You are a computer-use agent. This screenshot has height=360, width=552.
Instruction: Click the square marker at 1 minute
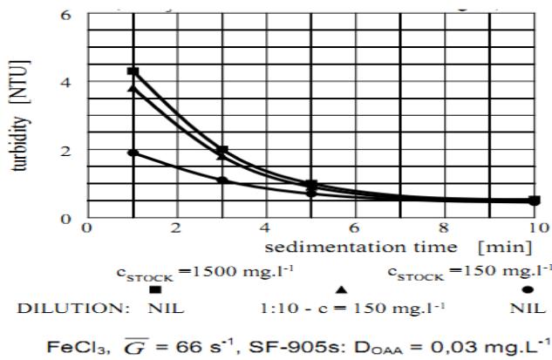pos(133,71)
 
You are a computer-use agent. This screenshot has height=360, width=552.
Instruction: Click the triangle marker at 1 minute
pos(133,87)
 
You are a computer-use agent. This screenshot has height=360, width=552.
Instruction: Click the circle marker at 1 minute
pos(133,153)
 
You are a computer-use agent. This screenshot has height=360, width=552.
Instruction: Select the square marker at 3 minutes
pos(222,150)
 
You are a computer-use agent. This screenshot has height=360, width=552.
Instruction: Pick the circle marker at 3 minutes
pos(222,180)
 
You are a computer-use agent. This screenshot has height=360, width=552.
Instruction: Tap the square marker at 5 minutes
pos(311,185)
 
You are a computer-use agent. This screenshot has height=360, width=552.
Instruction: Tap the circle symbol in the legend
pos(528,289)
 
